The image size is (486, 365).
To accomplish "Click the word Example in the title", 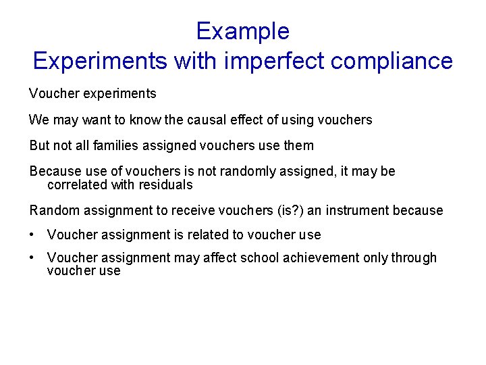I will point(242,31).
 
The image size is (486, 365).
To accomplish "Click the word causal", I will point(190,120).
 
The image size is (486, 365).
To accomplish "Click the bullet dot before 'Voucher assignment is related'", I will point(32,235).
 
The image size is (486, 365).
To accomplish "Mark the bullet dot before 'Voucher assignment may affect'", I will point(32,258).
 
